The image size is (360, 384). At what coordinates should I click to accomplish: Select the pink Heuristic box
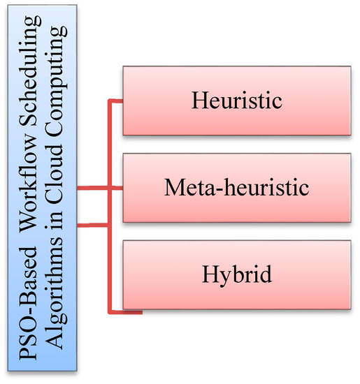tap(236, 101)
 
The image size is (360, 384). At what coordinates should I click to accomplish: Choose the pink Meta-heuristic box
tap(236, 188)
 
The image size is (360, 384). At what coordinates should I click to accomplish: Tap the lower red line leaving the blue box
tap(92, 224)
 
